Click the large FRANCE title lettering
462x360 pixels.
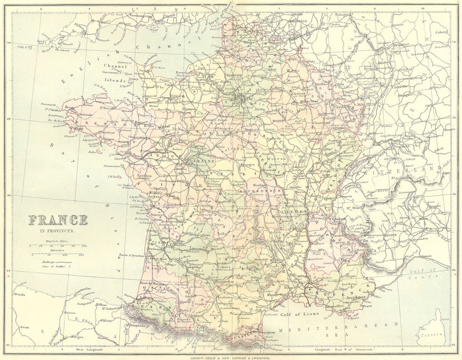[x=58, y=220]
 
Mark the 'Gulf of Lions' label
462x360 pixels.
[x=295, y=315]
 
